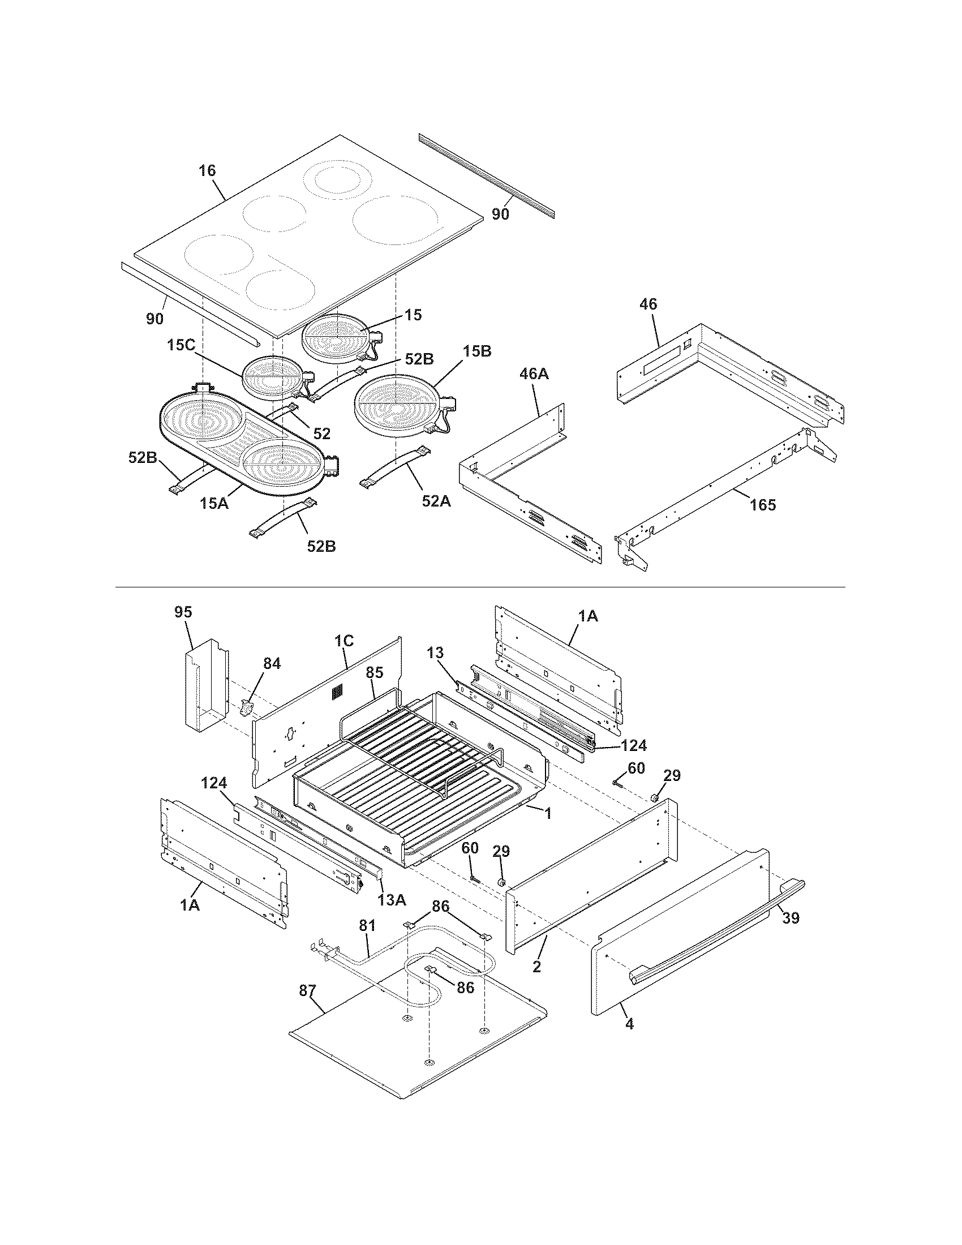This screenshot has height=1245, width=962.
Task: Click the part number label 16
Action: click(208, 170)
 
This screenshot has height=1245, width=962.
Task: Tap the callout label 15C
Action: click(182, 345)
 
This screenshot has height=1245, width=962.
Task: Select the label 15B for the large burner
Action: click(476, 351)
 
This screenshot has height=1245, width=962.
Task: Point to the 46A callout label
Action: click(534, 374)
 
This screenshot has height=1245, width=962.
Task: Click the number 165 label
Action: click(763, 504)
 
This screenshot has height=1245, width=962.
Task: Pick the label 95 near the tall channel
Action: click(183, 612)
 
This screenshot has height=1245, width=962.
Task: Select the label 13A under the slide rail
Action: click(392, 900)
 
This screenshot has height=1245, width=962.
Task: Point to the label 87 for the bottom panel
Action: click(307, 991)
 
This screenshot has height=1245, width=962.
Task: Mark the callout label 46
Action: click(648, 304)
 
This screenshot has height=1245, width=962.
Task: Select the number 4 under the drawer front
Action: click(629, 1024)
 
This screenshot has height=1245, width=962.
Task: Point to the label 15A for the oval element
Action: click(214, 503)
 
